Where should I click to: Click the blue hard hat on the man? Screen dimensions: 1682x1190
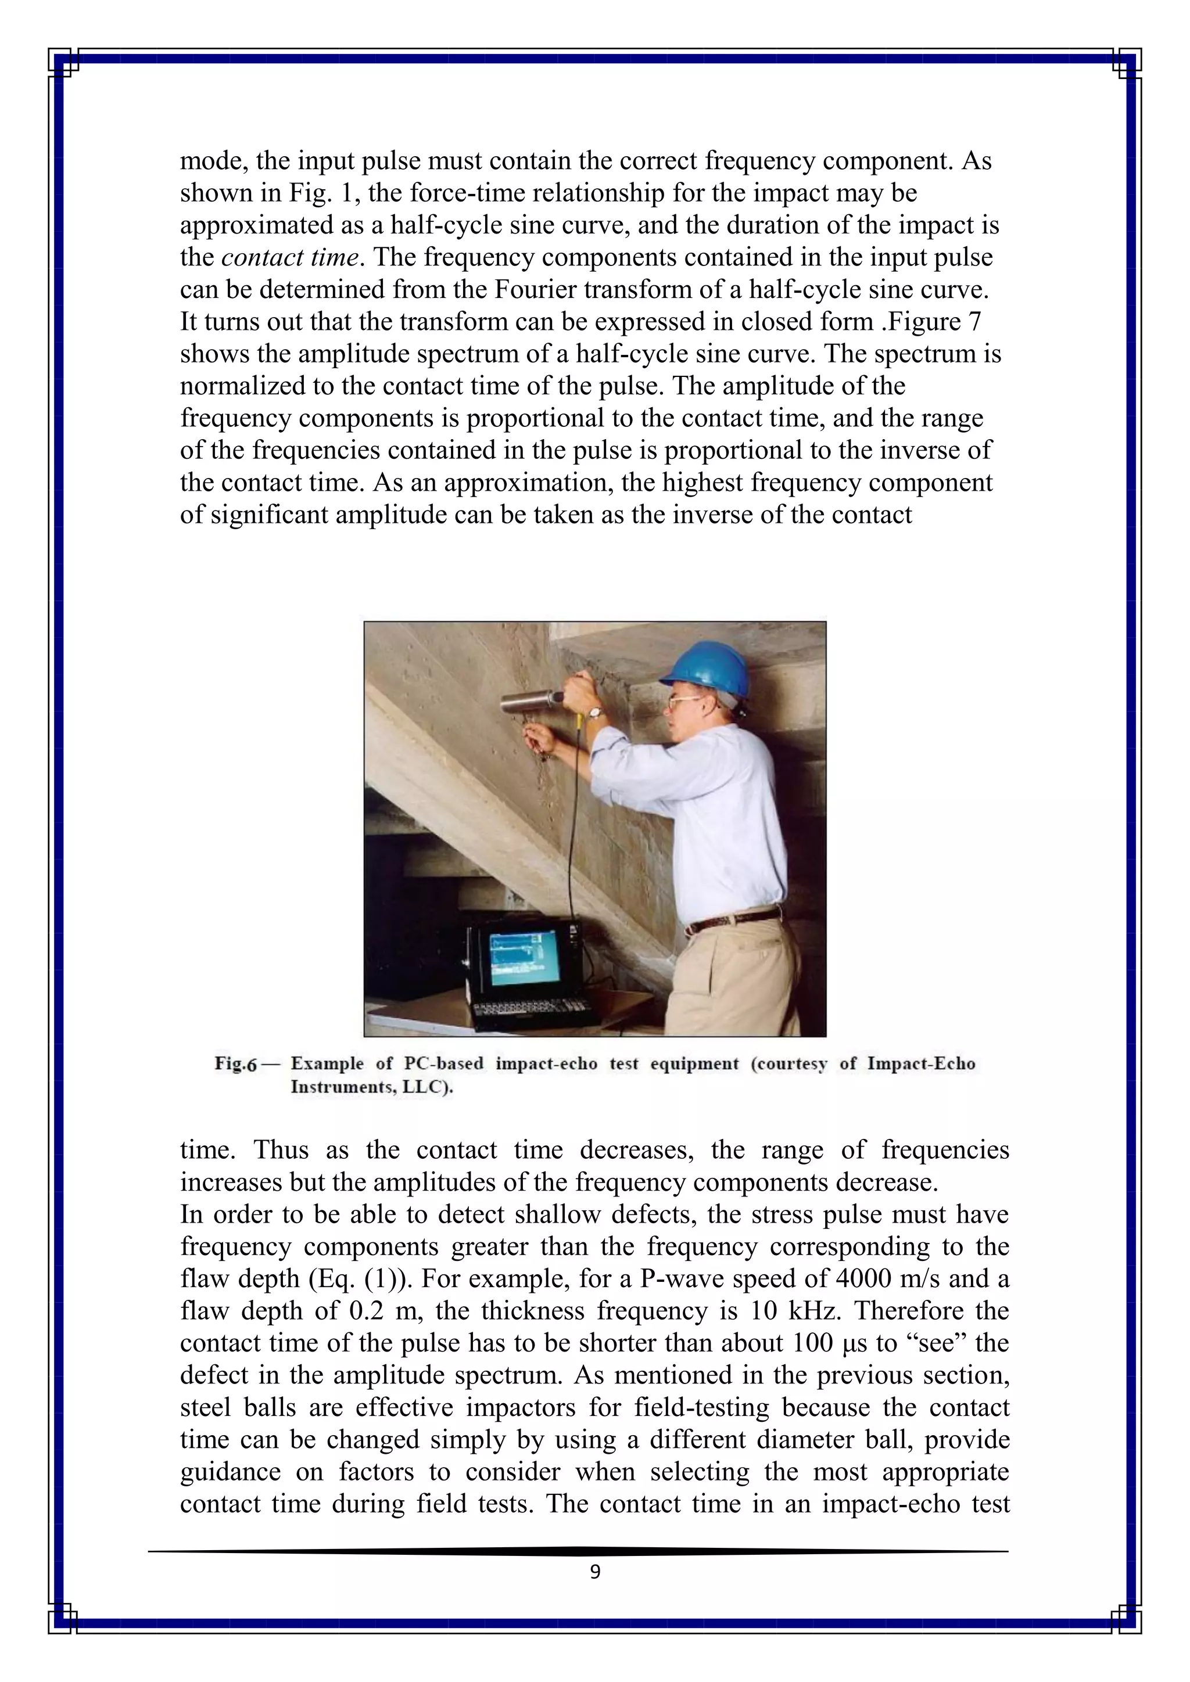click(x=708, y=668)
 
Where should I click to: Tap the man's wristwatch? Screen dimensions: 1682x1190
click(x=595, y=711)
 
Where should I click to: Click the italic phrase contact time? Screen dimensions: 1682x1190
click(x=290, y=257)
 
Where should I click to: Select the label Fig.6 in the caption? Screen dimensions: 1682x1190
click(x=236, y=1063)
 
